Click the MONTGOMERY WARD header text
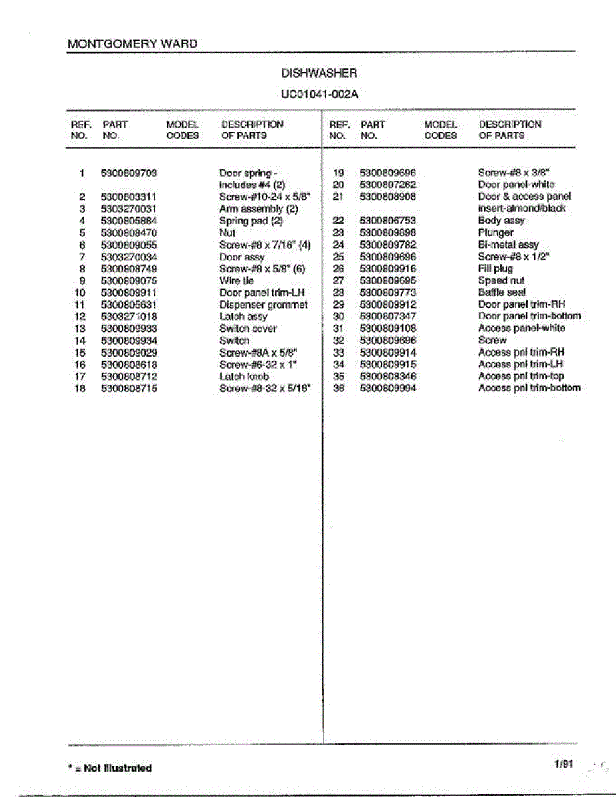133,44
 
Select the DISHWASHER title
320,74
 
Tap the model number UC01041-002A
320,94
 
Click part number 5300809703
129,173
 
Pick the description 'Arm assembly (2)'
258,209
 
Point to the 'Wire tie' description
237,281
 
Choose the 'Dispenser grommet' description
263,305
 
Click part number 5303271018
129,317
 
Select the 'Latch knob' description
244,377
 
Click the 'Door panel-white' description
516,185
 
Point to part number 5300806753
388,221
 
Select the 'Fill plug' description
496,269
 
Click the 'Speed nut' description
501,281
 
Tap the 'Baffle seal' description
502,292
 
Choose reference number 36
338,389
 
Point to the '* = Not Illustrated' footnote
110,768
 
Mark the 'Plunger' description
496,233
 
